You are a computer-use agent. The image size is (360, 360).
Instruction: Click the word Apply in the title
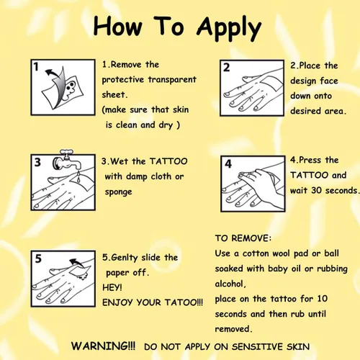pyautogui.click(x=229, y=28)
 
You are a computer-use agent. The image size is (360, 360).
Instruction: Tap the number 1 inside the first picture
pyautogui.click(x=36, y=66)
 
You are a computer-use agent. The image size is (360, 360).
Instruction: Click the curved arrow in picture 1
pyautogui.click(x=53, y=73)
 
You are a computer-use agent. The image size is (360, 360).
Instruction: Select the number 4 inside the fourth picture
pyautogui.click(x=228, y=163)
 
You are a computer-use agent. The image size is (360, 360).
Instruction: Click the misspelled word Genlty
pyautogui.click(x=125, y=258)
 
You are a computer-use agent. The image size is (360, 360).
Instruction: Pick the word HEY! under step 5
pyautogui.click(x=112, y=287)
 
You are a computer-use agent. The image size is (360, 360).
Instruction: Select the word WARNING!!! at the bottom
pyautogui.click(x=103, y=346)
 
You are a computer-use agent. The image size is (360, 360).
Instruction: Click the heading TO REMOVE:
pyautogui.click(x=243, y=238)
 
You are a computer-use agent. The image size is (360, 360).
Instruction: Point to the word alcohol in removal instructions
pyautogui.click(x=230, y=284)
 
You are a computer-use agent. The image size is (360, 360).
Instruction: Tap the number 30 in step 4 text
pyautogui.click(x=316, y=191)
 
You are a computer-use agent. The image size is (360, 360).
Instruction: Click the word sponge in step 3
pyautogui.click(x=118, y=192)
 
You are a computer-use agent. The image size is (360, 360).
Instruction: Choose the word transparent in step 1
pyautogui.click(x=172, y=80)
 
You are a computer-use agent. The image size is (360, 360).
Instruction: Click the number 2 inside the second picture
pyautogui.click(x=226, y=68)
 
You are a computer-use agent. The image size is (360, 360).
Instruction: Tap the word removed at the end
pyautogui.click(x=233, y=329)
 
